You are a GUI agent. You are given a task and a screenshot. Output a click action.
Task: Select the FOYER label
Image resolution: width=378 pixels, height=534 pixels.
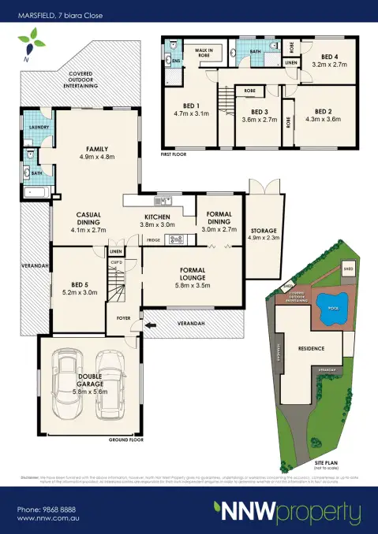point(124,319)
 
